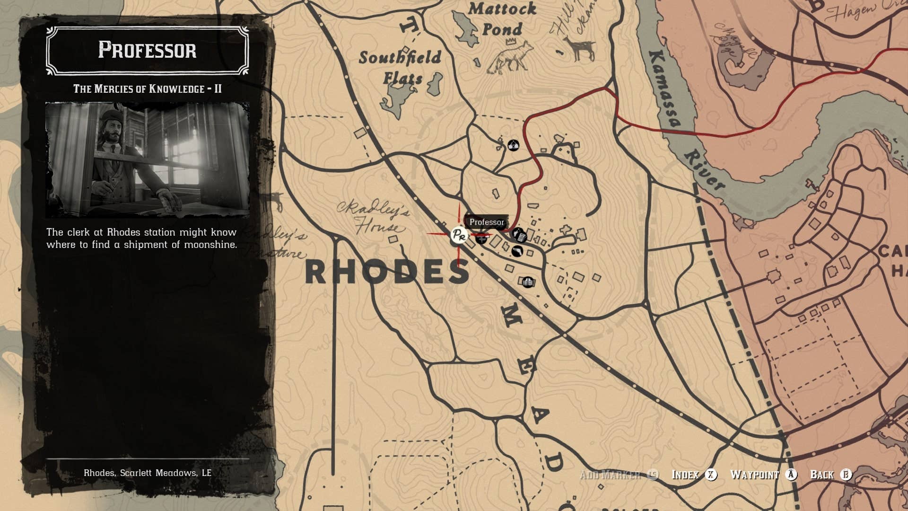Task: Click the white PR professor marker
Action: click(458, 235)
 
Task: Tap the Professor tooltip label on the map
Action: click(487, 222)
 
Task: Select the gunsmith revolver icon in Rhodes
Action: click(517, 251)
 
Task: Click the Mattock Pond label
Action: click(502, 19)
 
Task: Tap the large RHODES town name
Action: click(387, 272)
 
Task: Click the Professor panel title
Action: click(147, 50)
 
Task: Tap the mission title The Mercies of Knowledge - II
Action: click(147, 88)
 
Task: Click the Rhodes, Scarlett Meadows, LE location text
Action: click(147, 473)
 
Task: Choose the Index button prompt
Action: click(694, 475)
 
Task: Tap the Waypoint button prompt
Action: click(763, 475)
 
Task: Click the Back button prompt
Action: click(830, 475)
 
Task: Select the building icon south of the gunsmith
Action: click(528, 282)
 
